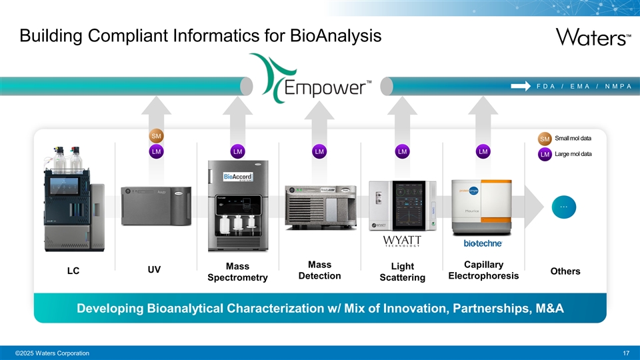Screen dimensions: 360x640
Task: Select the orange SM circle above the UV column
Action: point(156,137)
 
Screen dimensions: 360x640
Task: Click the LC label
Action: point(73,271)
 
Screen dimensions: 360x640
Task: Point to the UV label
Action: point(154,269)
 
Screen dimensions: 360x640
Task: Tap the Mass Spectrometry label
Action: point(238,271)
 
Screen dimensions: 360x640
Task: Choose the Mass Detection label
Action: point(320,270)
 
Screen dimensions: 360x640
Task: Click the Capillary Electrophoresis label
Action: point(483,270)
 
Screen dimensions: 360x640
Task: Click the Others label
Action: point(565,271)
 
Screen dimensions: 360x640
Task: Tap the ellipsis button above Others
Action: point(564,207)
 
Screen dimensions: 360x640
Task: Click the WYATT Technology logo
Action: point(402,241)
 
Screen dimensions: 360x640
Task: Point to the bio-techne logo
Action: point(483,243)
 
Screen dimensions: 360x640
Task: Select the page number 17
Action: point(625,352)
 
